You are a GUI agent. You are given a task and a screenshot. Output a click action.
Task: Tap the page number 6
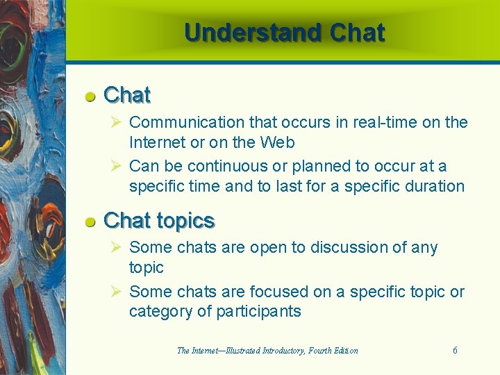(455, 350)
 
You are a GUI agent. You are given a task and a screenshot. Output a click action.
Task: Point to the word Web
(278, 142)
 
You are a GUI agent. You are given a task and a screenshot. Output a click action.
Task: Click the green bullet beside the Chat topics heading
(90, 222)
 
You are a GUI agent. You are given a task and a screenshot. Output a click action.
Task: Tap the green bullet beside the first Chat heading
(90, 97)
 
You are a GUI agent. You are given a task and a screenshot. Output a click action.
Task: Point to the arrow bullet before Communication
(117, 122)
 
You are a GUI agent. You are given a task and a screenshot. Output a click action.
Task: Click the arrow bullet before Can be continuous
(117, 166)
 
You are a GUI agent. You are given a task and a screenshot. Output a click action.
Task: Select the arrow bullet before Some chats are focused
(117, 292)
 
